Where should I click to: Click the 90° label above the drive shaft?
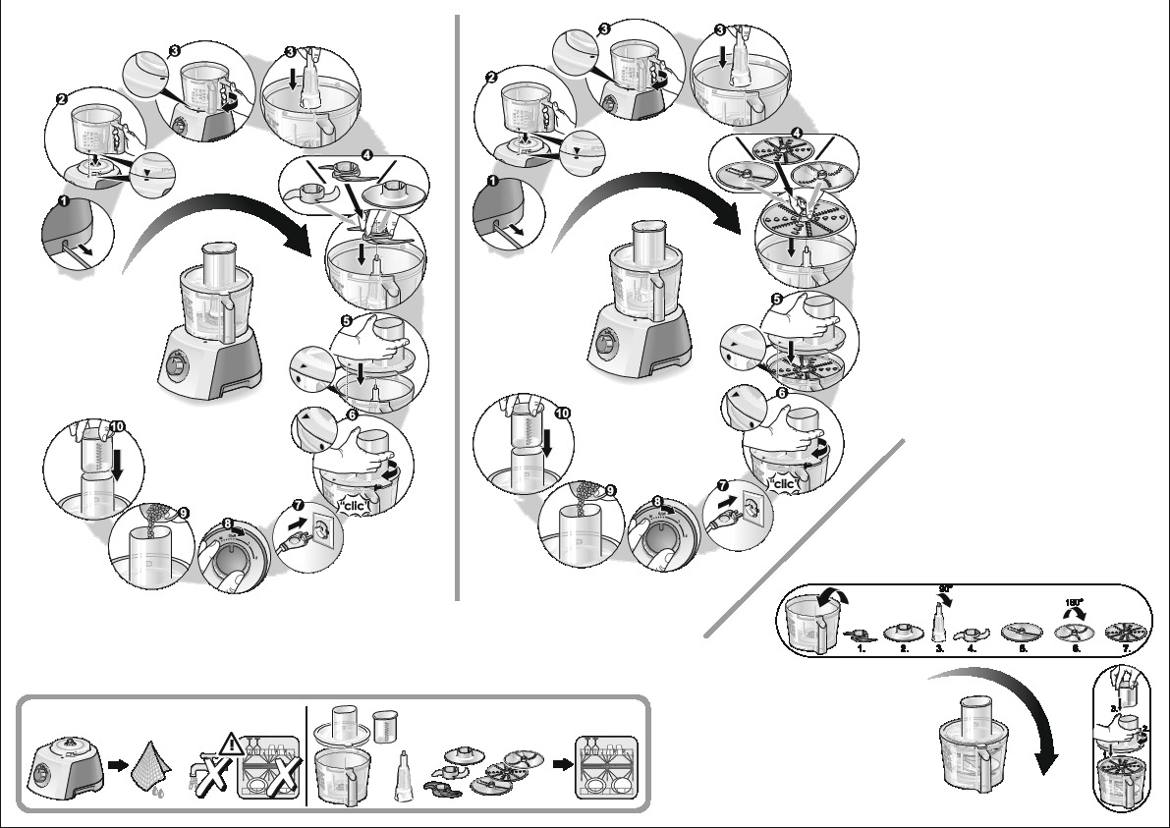coord(946,589)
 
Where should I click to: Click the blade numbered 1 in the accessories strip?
coord(859,636)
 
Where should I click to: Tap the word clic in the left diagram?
coord(349,507)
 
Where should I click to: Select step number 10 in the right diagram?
coord(562,414)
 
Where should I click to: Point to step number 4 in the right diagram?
coord(797,134)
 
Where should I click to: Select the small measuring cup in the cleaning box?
coord(384,726)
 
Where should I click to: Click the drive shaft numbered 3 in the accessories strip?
coord(940,626)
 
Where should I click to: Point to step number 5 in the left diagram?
coord(346,320)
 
